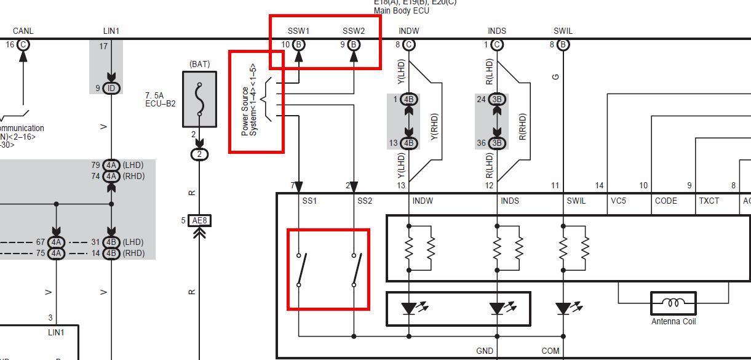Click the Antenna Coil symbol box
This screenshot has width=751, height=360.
674,303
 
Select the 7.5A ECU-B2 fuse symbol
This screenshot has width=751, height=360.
199,99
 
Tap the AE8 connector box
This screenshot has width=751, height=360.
200,220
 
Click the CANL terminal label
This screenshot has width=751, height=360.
23,31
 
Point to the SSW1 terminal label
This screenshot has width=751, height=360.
299,31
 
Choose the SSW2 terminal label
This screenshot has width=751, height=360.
354,31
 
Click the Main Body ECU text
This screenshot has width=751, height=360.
402,11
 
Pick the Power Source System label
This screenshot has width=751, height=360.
249,100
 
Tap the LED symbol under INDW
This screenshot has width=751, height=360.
409,308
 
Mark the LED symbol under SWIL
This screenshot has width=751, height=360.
563,308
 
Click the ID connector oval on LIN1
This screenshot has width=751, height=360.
111,88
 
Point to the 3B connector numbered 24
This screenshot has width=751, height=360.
498,99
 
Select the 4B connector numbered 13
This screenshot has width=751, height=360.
409,143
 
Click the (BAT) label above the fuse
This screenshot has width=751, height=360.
200,64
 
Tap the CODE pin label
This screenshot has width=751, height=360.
666,201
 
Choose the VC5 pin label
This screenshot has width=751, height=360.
618,201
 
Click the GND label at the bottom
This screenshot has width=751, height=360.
485,351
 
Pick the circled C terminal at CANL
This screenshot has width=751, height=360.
23,44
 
